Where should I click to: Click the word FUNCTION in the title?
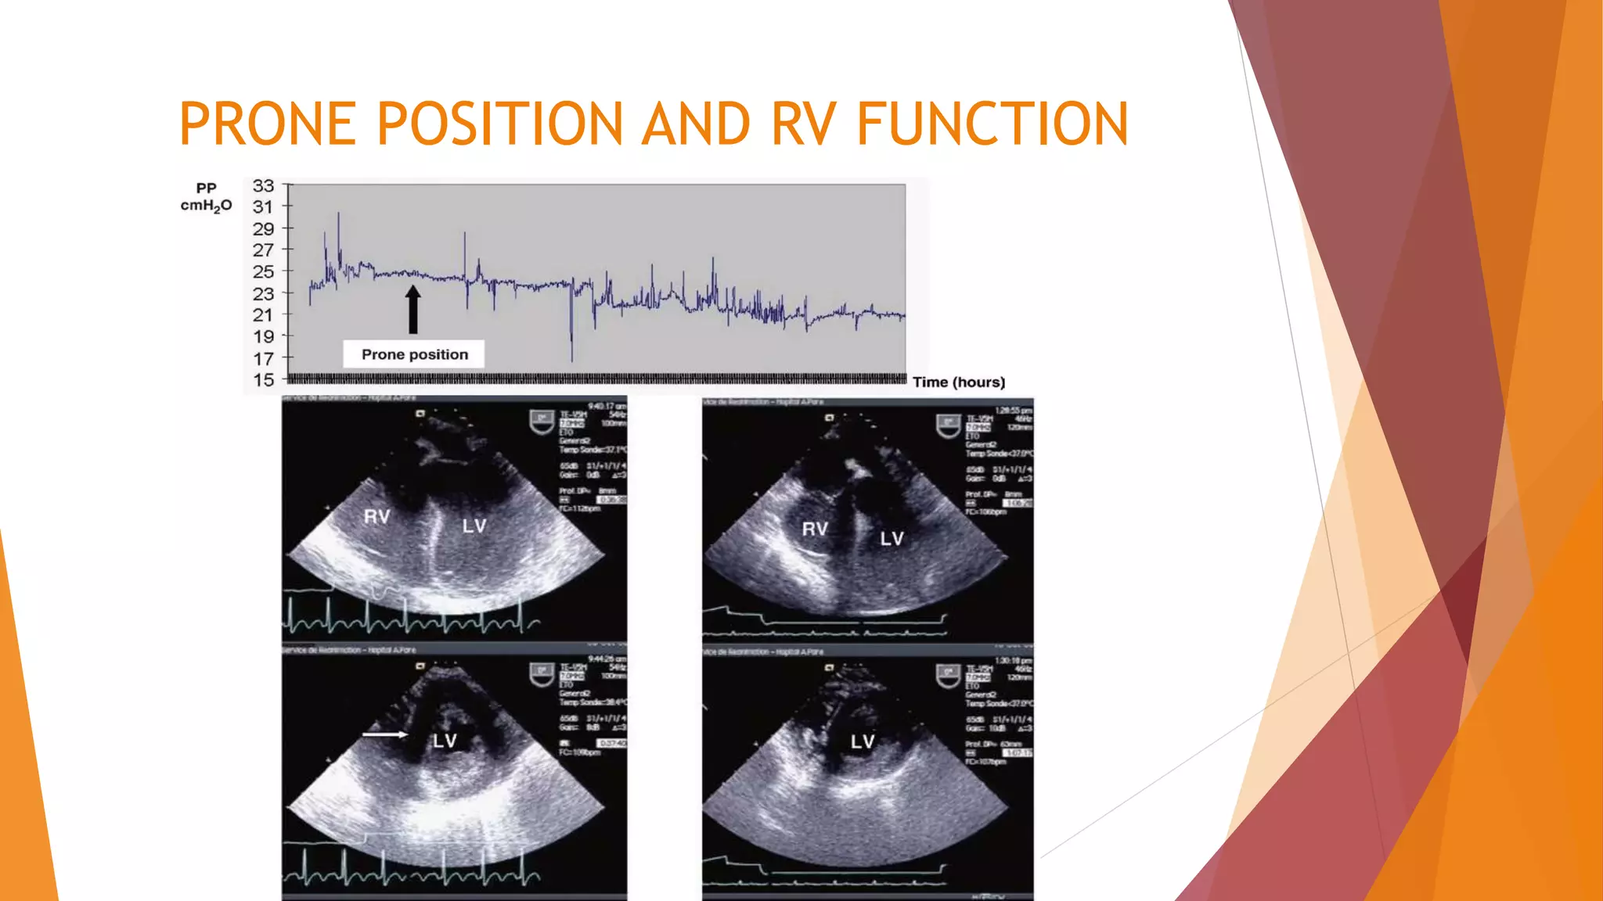tap(992, 124)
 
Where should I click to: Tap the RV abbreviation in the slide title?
tap(804, 124)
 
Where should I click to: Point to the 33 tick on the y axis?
tap(264, 186)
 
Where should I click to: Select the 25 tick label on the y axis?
tap(264, 272)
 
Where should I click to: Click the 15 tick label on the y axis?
tap(264, 380)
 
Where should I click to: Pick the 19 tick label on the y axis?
tap(264, 337)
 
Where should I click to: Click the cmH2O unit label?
tap(206, 206)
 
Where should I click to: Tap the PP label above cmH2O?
tap(206, 188)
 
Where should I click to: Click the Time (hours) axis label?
tap(959, 382)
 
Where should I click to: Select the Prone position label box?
tap(414, 354)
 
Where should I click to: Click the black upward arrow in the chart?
tap(413, 310)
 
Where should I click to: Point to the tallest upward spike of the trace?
tap(339, 216)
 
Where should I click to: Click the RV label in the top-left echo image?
tap(377, 517)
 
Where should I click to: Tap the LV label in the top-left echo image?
tap(474, 526)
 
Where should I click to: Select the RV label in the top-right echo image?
tap(815, 529)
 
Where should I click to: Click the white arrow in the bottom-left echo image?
tap(385, 734)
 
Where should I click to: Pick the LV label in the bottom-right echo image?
tap(863, 741)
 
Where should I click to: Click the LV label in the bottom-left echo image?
tap(445, 741)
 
